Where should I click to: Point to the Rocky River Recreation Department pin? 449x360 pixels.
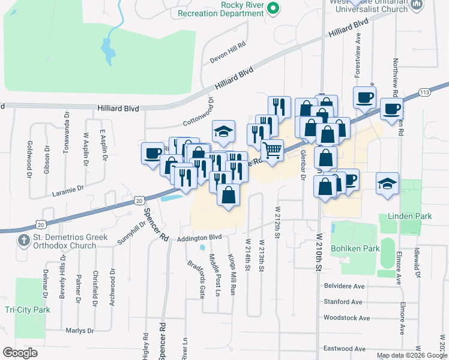point(273,8)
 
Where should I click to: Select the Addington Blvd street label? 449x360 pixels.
point(200,238)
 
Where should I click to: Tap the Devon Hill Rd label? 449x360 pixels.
point(228,53)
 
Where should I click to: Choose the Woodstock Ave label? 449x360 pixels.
point(346,317)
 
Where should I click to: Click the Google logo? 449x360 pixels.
point(20,353)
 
